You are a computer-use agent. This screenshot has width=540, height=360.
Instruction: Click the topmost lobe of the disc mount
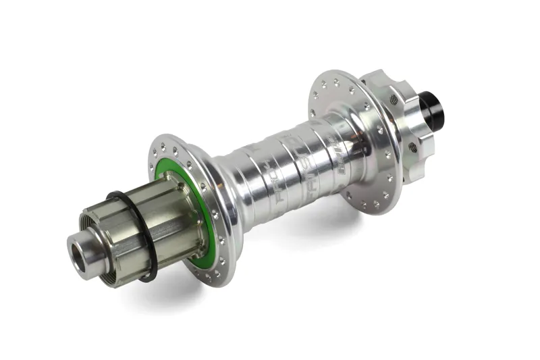[382, 76]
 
